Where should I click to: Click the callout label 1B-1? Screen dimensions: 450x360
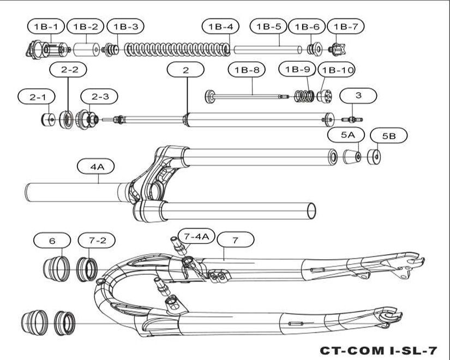[x=46, y=26]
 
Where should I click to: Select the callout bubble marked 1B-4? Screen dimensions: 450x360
[x=220, y=26]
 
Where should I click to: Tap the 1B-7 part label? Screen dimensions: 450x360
[x=345, y=26]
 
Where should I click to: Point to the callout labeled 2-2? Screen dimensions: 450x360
[x=68, y=69]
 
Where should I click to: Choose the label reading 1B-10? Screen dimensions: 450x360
[x=337, y=70]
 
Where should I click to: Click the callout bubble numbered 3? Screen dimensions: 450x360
[x=358, y=95]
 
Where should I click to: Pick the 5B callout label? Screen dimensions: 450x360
[x=389, y=135]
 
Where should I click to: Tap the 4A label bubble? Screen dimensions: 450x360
[x=96, y=166]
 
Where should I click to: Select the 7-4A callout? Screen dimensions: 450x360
[x=196, y=236]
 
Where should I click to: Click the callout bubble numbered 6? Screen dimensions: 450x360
[x=52, y=241]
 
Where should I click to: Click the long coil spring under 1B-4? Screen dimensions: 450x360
[x=177, y=50]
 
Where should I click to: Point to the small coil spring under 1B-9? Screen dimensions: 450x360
[x=305, y=96]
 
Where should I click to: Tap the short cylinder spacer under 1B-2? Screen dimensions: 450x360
[x=87, y=50]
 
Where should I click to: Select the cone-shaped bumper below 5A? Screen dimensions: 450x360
[x=352, y=157]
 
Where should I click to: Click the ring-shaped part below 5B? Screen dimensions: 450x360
[x=374, y=157]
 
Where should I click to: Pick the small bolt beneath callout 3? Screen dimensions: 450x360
[x=352, y=119]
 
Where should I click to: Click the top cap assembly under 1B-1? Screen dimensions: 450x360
[x=48, y=50]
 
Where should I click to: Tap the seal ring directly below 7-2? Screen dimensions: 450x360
[x=87, y=269]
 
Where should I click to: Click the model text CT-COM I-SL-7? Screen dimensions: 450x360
[x=378, y=351]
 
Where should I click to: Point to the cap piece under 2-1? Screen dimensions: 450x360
[x=48, y=119]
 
